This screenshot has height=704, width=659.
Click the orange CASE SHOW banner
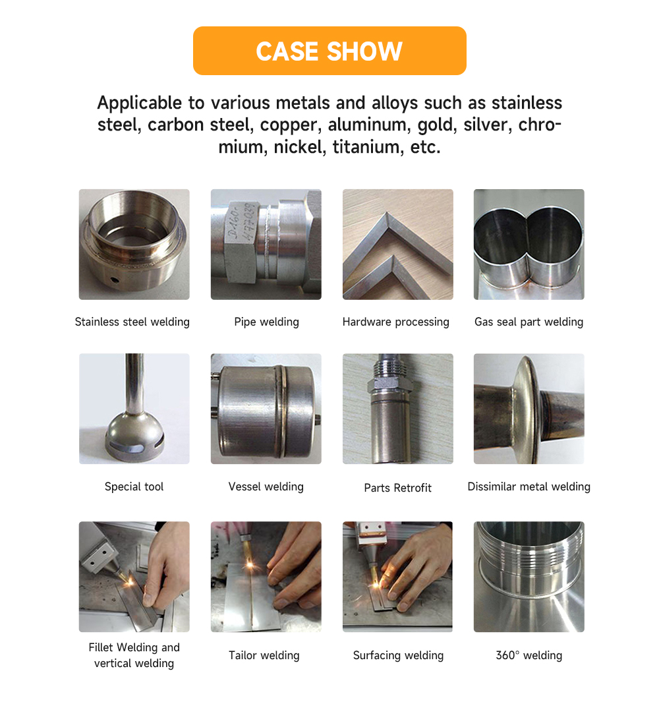pos(329,51)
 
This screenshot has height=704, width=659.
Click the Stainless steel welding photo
pos(134,245)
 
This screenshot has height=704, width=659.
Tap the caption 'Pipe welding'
pos(267,322)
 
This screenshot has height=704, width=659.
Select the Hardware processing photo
pos(398,245)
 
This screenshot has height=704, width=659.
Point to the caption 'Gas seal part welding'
pos(529,322)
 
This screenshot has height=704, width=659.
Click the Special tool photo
pos(134,409)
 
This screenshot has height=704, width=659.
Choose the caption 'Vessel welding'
pos(266,486)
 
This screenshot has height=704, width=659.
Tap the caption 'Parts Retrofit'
pos(398,488)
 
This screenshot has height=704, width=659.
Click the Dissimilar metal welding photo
pos(529,409)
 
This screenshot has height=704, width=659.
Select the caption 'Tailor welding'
pos(264,655)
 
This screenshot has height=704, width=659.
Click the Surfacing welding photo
pos(398,577)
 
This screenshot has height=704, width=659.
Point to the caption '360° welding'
pos(529,655)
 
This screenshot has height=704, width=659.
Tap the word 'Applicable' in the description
pos(140,103)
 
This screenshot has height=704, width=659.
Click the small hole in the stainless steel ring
pos(115,279)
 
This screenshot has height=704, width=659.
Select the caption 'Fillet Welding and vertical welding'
pos(134,655)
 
